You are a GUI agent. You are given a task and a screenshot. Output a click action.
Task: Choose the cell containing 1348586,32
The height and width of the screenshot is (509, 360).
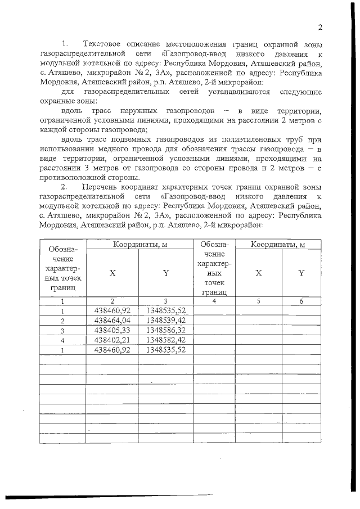(x=166, y=330)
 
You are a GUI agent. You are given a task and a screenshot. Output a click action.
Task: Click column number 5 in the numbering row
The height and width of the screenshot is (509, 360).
(x=258, y=301)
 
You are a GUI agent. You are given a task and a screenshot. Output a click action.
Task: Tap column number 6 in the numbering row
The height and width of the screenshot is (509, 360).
(x=301, y=301)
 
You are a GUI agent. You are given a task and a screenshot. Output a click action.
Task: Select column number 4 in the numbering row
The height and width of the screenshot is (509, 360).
(x=214, y=301)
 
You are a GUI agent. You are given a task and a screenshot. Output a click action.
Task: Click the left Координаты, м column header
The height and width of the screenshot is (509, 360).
(x=139, y=244)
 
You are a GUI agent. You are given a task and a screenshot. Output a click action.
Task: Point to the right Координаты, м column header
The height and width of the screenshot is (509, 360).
(x=278, y=244)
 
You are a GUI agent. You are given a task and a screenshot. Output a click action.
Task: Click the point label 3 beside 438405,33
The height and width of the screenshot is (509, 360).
(x=63, y=330)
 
